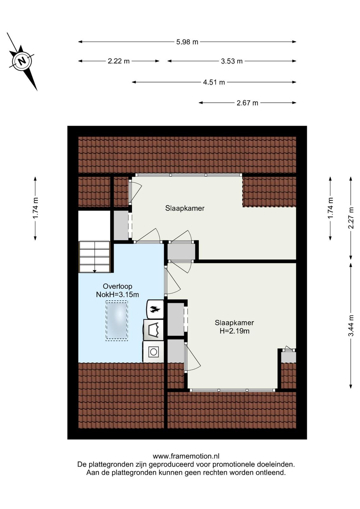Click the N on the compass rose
pyautogui.click(x=22, y=61)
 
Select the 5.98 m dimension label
pyautogui.click(x=187, y=42)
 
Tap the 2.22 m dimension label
pyautogui.click(x=119, y=61)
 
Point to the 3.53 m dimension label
pyautogui.click(x=232, y=61)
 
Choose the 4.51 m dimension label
pyautogui.click(x=214, y=82)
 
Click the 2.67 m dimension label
pyautogui.click(x=247, y=103)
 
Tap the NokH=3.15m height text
pyautogui.click(x=117, y=295)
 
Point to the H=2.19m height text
pyautogui.click(x=234, y=331)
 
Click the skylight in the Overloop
pyautogui.click(x=117, y=321)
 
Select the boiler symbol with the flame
pyautogui.click(x=155, y=309)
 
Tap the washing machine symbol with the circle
pyautogui.click(x=153, y=352)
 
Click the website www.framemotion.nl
pyautogui.click(x=186, y=456)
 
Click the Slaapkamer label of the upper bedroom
pyautogui.click(x=185, y=208)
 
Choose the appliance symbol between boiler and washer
pyautogui.click(x=153, y=330)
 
